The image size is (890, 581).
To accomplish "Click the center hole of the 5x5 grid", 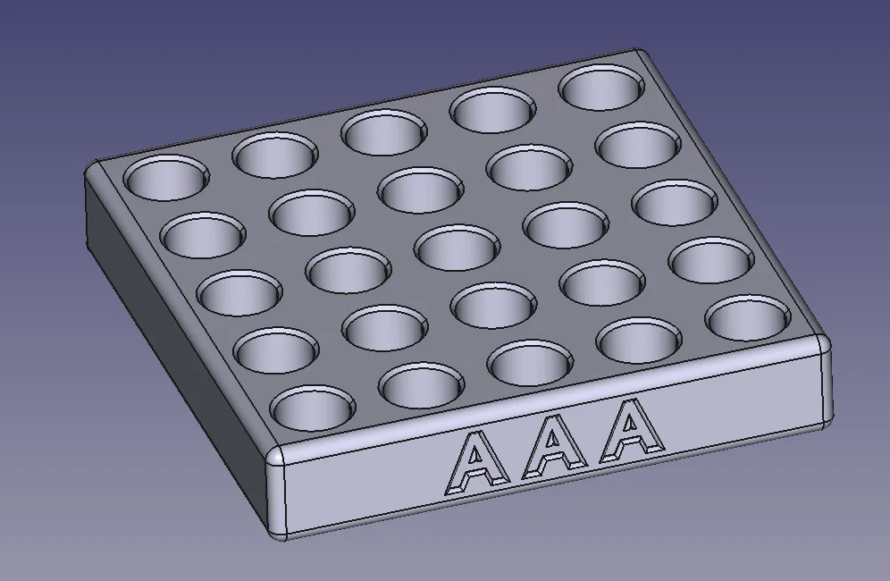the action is [x=457, y=247].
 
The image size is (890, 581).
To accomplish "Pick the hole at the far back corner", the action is [x=601, y=87].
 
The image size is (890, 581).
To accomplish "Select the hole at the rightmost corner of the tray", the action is [x=748, y=317].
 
